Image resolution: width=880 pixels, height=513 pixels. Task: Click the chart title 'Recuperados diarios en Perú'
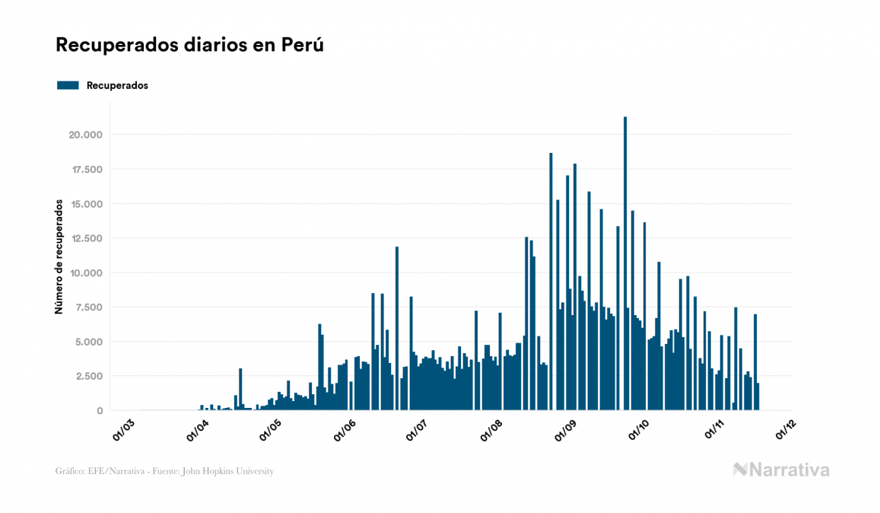190,45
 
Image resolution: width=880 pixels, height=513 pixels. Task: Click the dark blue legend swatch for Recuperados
68,85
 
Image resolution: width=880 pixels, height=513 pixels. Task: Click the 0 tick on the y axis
100,411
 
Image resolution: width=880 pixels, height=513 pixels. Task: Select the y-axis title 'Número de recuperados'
59,256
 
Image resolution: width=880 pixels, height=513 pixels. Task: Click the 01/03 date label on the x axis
123,429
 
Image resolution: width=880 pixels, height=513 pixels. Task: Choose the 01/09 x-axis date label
566,429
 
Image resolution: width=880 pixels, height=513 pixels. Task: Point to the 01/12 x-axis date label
786,429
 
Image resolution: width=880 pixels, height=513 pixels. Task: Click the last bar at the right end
758,397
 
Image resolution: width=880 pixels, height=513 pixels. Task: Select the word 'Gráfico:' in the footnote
71,471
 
